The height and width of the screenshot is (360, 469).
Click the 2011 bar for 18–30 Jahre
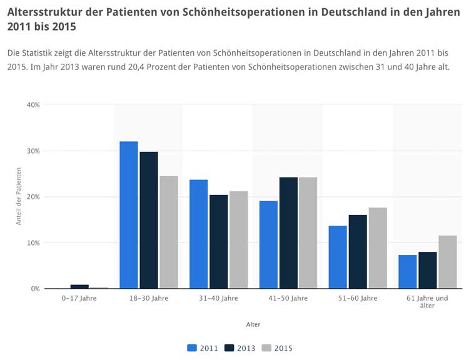click(x=129, y=215)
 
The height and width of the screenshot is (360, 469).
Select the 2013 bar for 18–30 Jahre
click(x=149, y=220)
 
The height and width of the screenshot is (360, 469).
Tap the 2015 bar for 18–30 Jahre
click(x=169, y=232)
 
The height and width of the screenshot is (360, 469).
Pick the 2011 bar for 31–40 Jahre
click(x=199, y=234)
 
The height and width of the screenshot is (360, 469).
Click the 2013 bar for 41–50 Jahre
click(x=288, y=232)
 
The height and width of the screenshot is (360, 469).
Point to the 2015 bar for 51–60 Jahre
click(x=378, y=248)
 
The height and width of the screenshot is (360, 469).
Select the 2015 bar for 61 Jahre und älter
click(x=448, y=262)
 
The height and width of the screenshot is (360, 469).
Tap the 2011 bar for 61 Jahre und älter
click(x=408, y=272)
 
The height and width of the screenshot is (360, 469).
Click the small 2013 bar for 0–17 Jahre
click(x=79, y=286)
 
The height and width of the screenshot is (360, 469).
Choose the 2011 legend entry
click(x=203, y=348)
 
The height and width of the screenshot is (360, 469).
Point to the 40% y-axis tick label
click(x=33, y=105)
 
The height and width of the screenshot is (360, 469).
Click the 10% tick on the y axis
click(x=33, y=242)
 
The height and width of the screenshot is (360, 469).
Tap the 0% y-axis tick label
click(x=35, y=289)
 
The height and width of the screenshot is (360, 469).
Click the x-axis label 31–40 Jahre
click(x=219, y=299)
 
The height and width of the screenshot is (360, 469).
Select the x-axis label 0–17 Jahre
click(x=79, y=299)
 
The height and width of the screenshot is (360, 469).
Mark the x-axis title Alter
click(x=253, y=324)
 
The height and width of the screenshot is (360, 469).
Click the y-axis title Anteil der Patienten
click(x=19, y=196)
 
